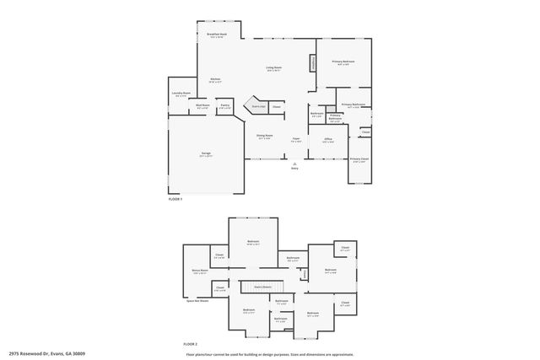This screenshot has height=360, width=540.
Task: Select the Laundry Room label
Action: (181, 94)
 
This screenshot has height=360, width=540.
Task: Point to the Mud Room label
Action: (202, 107)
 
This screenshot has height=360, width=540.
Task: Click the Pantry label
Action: (224, 107)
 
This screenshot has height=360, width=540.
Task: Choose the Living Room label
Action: (273, 68)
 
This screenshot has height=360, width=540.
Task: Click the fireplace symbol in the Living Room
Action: (313, 62)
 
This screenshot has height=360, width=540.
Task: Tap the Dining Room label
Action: (264, 136)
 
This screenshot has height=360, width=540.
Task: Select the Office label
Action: (328, 140)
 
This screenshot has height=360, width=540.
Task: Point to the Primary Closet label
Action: (359, 159)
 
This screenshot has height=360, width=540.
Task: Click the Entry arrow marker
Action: (294, 164)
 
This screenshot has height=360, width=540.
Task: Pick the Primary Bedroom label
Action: (343, 62)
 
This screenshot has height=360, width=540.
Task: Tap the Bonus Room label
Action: (200, 271)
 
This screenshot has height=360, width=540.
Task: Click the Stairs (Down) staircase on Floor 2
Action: (262, 287)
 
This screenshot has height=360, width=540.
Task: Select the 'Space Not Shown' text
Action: (197, 299)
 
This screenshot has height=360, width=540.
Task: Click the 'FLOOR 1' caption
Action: (175, 198)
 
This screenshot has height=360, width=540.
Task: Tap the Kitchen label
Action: (215, 79)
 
